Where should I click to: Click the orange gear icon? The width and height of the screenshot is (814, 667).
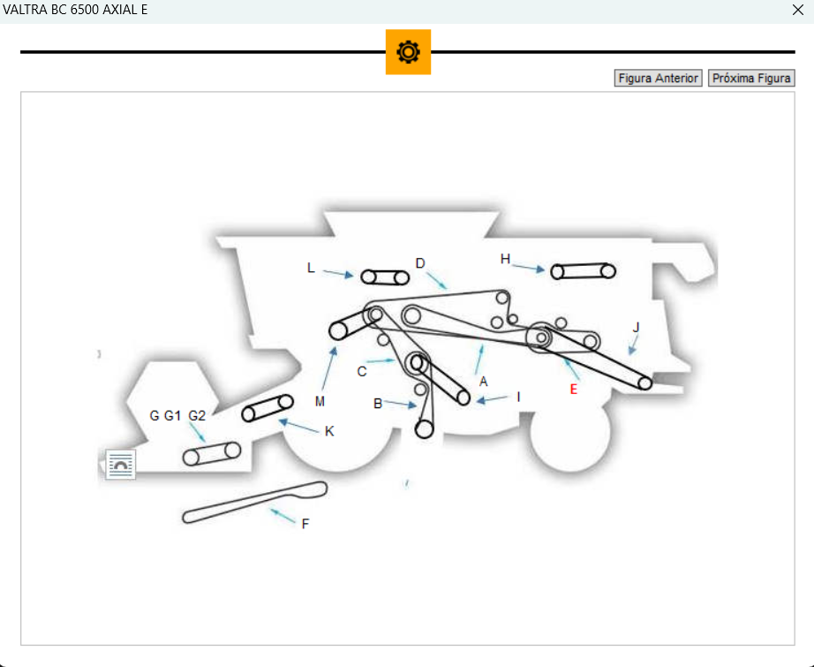(x=408, y=52)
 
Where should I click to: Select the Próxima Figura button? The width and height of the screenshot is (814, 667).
(x=751, y=79)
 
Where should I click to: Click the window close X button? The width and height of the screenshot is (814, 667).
(x=798, y=10)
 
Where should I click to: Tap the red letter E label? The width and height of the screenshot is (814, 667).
(x=573, y=389)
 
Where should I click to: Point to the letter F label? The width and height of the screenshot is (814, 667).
(x=305, y=524)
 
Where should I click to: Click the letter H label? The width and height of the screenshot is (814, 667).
(x=505, y=259)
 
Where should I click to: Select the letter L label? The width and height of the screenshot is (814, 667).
(x=311, y=267)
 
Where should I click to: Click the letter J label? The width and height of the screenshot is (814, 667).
(x=636, y=327)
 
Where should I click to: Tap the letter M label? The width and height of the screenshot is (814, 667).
(x=320, y=401)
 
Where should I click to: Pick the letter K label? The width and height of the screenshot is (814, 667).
(x=329, y=431)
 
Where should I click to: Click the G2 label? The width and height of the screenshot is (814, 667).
(x=197, y=415)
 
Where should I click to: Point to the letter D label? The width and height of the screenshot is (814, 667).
(x=420, y=263)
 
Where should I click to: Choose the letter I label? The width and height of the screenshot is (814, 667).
(x=519, y=397)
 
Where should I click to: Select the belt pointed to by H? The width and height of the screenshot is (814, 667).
(x=583, y=270)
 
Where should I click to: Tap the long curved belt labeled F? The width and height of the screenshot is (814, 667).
(x=254, y=502)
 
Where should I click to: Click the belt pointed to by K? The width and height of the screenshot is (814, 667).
(x=268, y=408)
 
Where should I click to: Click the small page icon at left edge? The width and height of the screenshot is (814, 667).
(x=120, y=464)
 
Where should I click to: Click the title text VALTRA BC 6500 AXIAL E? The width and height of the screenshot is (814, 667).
(x=75, y=10)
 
